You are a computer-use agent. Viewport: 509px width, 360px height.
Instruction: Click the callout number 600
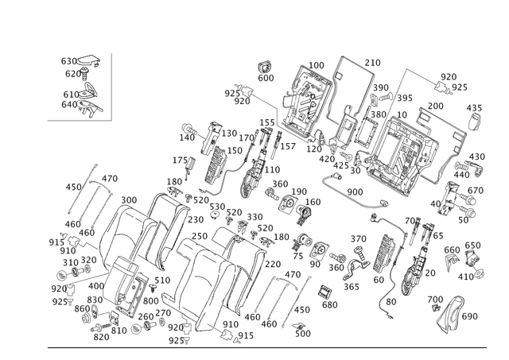click(x=266, y=78)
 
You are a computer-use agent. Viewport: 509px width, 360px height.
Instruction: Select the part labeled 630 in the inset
click(x=88, y=60)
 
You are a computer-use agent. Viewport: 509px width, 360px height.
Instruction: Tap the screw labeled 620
click(x=85, y=74)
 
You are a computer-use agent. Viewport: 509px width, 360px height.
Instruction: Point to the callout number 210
click(x=372, y=63)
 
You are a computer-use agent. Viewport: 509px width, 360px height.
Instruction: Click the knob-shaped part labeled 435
click(x=475, y=122)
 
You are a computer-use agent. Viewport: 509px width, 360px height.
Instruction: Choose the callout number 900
click(x=355, y=192)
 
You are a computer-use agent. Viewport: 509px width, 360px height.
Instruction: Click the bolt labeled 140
click(x=189, y=129)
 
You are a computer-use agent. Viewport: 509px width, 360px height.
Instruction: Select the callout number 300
click(x=129, y=200)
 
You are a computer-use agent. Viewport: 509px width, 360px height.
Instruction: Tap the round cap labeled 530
click(x=214, y=215)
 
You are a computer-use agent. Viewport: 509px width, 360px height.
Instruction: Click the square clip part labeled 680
click(x=324, y=292)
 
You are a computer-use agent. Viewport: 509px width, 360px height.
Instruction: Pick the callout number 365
click(x=352, y=287)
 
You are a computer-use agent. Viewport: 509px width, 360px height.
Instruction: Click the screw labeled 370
click(x=359, y=253)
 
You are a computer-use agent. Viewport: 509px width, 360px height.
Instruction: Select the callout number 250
click(x=200, y=236)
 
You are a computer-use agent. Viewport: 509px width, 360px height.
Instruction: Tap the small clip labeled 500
click(x=299, y=326)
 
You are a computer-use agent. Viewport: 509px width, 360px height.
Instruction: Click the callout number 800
click(x=150, y=301)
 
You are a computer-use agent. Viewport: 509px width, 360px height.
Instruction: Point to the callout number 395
click(x=405, y=98)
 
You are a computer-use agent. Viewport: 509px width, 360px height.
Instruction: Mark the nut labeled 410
click(x=480, y=274)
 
